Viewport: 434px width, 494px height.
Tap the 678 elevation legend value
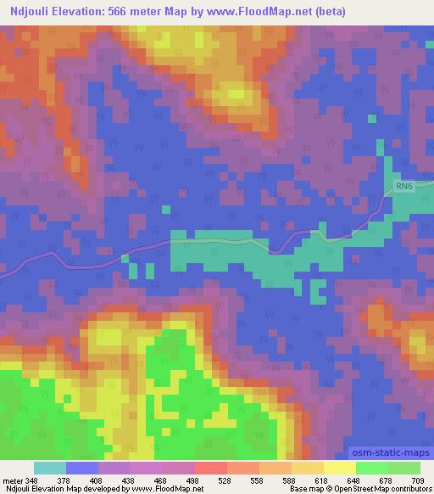[386, 480]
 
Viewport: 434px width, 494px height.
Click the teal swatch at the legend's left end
[50, 468]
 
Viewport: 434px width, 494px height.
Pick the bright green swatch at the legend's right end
[403, 468]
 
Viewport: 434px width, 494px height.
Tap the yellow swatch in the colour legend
[339, 468]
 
